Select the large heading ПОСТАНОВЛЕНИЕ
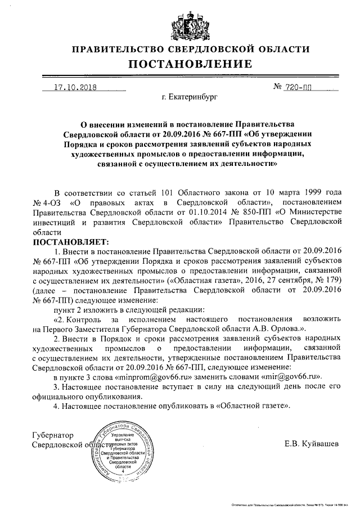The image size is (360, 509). [180, 64]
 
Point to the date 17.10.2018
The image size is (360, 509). [75, 88]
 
